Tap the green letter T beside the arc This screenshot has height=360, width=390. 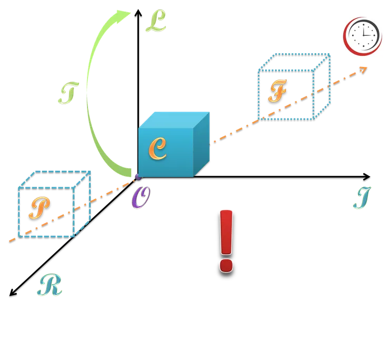click(x=66, y=93)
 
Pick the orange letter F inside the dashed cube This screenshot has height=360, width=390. click(x=277, y=92)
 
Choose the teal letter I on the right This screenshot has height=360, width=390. click(x=363, y=198)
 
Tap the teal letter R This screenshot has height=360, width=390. click(x=50, y=285)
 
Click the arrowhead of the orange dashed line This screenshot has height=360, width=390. click(x=363, y=69)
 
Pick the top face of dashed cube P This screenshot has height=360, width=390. click(x=55, y=179)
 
